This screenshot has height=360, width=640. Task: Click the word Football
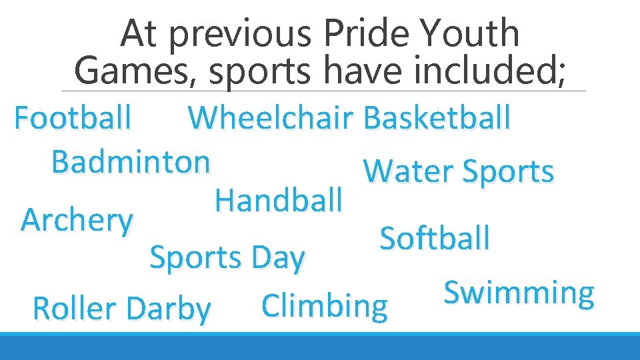point(73,119)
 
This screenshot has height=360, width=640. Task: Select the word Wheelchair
point(271,119)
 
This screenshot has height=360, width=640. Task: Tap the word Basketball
point(437,119)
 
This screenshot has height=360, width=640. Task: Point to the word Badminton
point(131,161)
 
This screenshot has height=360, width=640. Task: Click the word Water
point(408,171)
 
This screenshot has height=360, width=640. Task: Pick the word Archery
point(77,220)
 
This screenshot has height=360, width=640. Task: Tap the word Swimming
point(519,293)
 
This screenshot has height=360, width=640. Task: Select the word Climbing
point(325,306)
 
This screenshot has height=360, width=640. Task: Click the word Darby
point(167,309)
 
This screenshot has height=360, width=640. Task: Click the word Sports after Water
point(507,172)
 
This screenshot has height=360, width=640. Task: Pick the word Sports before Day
point(195,258)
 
